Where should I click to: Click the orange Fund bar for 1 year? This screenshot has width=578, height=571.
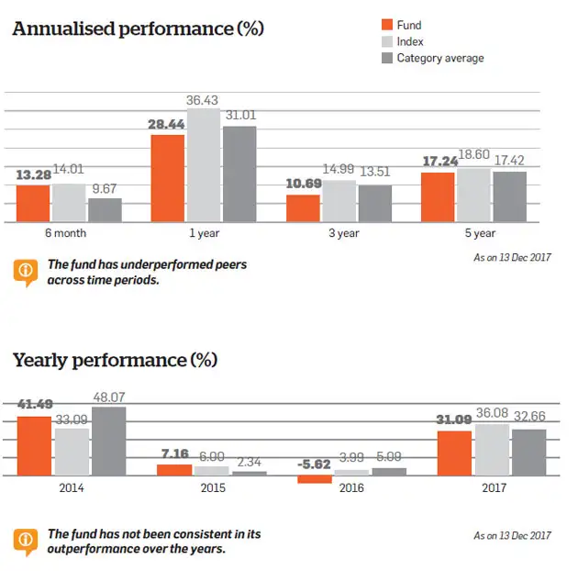pyautogui.click(x=168, y=178)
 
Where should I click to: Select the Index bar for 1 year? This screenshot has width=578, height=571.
pyautogui.click(x=204, y=165)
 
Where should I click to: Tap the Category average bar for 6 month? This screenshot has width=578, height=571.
pyautogui.click(x=105, y=209)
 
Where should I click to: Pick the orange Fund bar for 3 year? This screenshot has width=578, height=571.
pyautogui.click(x=303, y=207)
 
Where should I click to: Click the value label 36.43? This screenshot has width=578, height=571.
pyautogui.click(x=205, y=99)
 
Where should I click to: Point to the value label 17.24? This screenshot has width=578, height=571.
pyautogui.click(x=439, y=161)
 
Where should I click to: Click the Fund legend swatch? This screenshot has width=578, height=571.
pyautogui.click(x=386, y=25)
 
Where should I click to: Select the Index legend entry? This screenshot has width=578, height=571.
pyautogui.click(x=409, y=41)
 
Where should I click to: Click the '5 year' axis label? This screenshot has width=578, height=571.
pyautogui.click(x=473, y=233)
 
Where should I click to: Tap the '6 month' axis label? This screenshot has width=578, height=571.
pyautogui.click(x=70, y=233)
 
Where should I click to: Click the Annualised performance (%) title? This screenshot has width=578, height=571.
pyautogui.click(x=138, y=28)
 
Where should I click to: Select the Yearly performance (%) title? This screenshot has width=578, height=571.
pyautogui.click(x=115, y=359)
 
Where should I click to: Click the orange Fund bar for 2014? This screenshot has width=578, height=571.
pyautogui.click(x=35, y=446)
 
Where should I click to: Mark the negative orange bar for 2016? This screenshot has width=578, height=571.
pyautogui.click(x=315, y=479)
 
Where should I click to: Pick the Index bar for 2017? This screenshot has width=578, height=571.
pyautogui.click(x=493, y=450)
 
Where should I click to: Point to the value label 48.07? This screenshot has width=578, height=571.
pyautogui.click(x=108, y=398)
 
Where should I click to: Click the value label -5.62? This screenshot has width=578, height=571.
pyautogui.click(x=315, y=465)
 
